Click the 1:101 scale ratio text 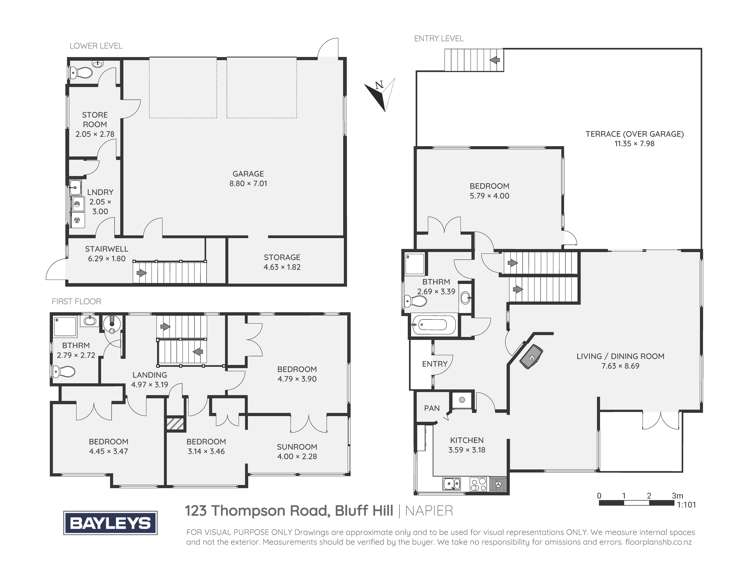(x=685, y=505)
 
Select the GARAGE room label (x=238, y=173)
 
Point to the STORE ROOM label (x=94, y=121)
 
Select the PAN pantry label (x=432, y=408)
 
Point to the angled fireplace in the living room (x=531, y=354)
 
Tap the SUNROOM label (x=298, y=447)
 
